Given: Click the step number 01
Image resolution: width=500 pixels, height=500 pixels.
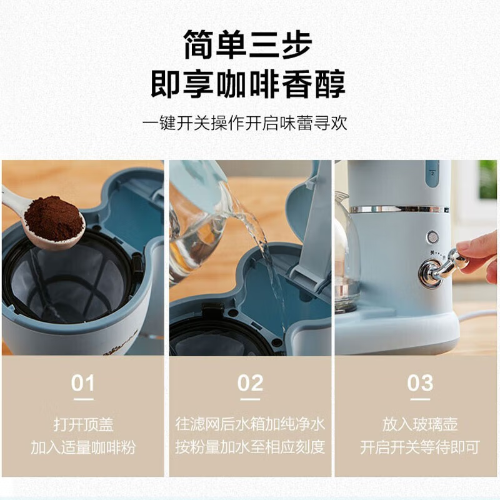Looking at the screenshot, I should (x=82, y=382).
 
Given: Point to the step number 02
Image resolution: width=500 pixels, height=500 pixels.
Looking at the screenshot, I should (x=250, y=382).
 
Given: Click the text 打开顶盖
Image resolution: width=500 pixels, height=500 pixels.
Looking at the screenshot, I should (x=82, y=425).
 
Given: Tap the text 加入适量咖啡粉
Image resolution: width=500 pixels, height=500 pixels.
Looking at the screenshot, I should (x=82, y=447).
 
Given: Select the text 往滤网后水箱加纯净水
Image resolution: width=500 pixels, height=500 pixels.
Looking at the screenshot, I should (x=250, y=425).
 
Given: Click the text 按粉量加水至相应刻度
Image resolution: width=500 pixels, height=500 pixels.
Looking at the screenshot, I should (x=250, y=447).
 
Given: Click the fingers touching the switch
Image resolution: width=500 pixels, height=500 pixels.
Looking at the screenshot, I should (x=478, y=249).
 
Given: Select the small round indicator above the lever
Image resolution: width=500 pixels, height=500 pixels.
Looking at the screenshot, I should (x=432, y=237).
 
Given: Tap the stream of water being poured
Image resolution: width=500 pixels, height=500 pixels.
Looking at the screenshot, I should (x=262, y=250).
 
